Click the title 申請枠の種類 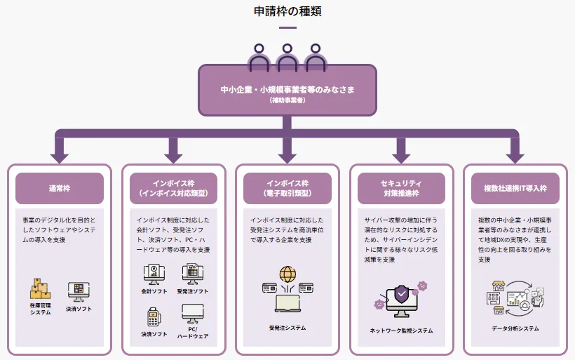[287, 11]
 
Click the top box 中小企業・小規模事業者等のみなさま [287, 91]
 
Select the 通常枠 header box [60, 188]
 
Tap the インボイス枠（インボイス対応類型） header [173, 188]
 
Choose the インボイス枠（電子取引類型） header [287, 188]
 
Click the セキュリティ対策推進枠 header [401, 188]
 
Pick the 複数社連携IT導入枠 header [515, 188]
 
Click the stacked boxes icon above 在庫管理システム [40, 288]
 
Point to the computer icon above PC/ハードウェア [192, 314]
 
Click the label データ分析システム [515, 328]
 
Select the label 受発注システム [287, 328]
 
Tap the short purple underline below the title [287, 28]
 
